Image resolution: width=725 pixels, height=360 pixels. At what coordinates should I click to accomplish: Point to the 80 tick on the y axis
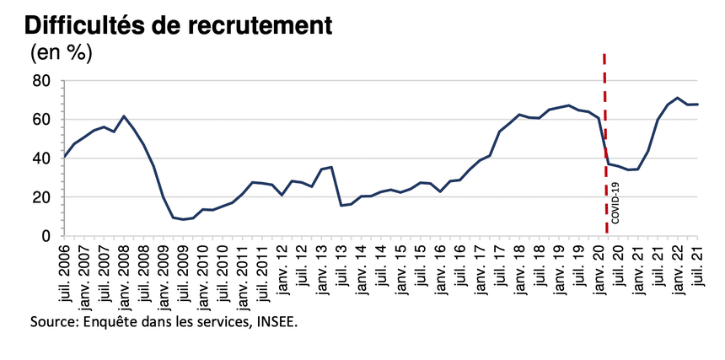(x=42, y=81)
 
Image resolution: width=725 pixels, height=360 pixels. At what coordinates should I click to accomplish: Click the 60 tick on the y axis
(x=42, y=120)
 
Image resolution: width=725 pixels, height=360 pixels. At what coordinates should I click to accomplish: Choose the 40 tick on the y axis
(x=42, y=159)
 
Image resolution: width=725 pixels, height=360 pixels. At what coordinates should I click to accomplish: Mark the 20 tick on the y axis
(x=42, y=197)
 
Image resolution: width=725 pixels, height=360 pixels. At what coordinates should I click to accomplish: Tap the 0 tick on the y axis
(x=47, y=236)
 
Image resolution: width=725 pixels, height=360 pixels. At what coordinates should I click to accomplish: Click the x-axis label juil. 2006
(x=65, y=278)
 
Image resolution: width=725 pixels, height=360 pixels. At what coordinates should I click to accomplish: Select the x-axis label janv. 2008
(x=124, y=278)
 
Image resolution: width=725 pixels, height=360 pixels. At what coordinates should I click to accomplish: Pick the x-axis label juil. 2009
(x=183, y=278)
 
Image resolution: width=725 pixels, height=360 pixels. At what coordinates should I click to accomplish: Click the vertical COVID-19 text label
(x=615, y=205)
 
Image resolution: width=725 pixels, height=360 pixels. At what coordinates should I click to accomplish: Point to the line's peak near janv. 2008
(x=124, y=116)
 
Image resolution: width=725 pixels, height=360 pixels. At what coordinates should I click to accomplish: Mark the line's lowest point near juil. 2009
(x=183, y=219)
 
